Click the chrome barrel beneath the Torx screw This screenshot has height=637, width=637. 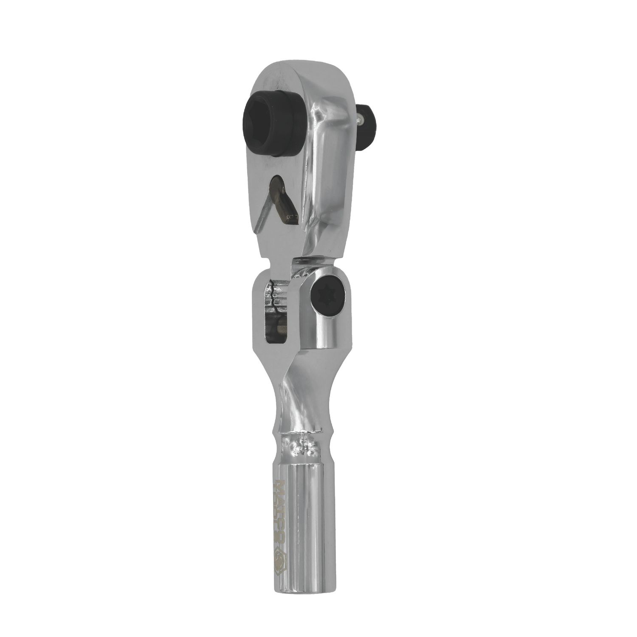point(327,340)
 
